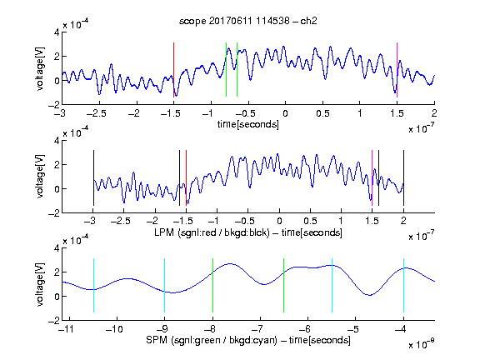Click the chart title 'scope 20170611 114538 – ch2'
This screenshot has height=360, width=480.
point(248,21)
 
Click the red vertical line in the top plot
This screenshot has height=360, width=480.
point(173,70)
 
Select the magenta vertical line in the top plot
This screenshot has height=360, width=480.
point(397,70)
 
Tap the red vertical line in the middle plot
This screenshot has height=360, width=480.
point(186,177)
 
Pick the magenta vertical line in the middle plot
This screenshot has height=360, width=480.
point(372,177)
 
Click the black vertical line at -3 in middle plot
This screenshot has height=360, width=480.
point(93,177)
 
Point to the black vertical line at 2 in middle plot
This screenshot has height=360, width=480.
point(403,177)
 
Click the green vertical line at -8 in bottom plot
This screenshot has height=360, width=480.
point(212,286)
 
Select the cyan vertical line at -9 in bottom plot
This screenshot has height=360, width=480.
point(164,286)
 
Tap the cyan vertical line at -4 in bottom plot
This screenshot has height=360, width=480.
point(403,286)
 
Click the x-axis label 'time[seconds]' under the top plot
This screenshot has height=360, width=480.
point(248,124)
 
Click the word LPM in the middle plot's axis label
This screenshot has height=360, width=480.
point(164,232)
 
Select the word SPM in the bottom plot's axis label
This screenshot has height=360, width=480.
point(157,340)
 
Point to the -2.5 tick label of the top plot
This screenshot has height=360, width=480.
point(96,113)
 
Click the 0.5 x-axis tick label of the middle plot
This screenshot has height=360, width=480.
point(310,221)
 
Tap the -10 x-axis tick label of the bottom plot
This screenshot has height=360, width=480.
point(114,329)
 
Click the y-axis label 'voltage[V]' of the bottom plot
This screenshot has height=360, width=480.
point(40,284)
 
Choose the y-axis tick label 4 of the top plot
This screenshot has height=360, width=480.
point(57,32)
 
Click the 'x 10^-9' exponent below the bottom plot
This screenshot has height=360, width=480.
point(421,344)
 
